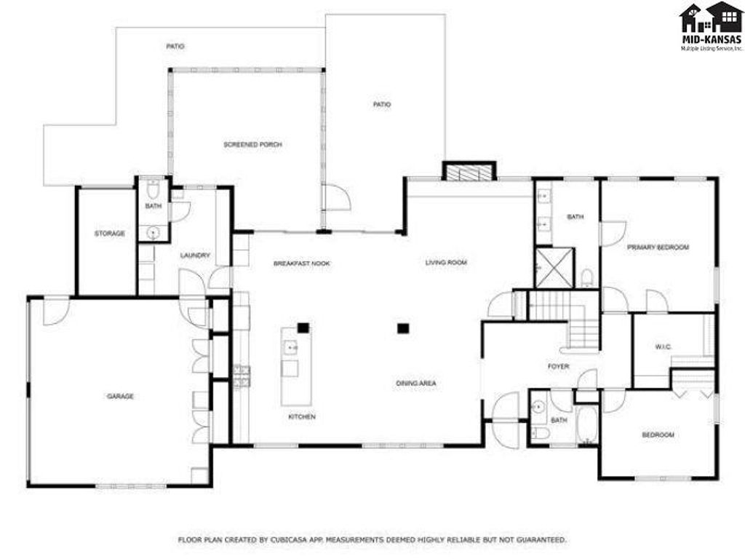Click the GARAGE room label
pyautogui.click(x=120, y=397)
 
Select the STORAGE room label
pyautogui.click(x=109, y=234)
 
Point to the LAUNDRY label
pyautogui.click(x=195, y=255)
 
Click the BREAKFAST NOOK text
pyautogui.click(x=301, y=263)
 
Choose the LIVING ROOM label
pyautogui.click(x=446, y=262)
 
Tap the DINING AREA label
pyautogui.click(x=416, y=383)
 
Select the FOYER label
pyautogui.click(x=558, y=366)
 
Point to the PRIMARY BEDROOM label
pyautogui.click(x=658, y=247)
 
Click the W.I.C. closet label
pyautogui.click(x=662, y=346)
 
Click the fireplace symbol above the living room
pyautogui.click(x=469, y=173)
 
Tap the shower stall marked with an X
pyautogui.click(x=554, y=267)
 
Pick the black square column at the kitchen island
pyautogui.click(x=303, y=328)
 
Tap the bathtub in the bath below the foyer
pyautogui.click(x=586, y=425)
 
